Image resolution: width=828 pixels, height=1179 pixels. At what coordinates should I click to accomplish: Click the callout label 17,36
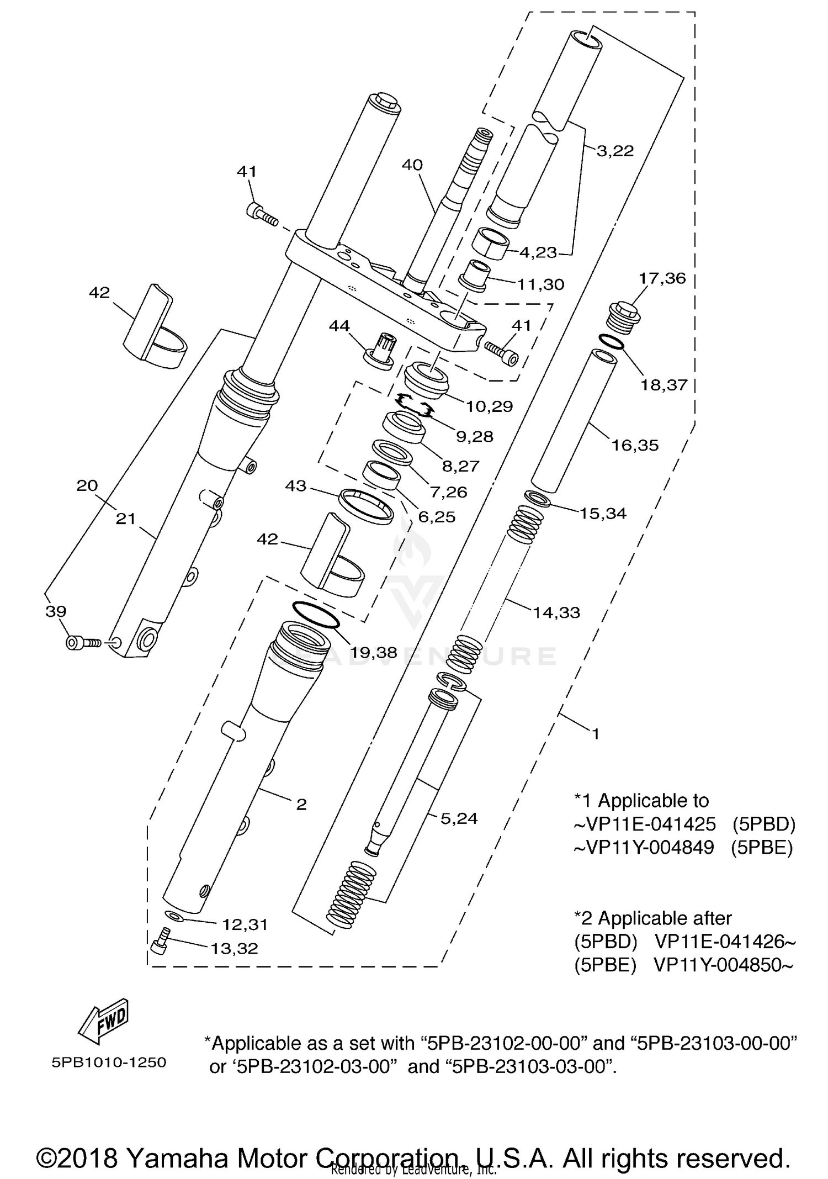[662, 278]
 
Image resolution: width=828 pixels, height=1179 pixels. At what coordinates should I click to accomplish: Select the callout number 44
[339, 326]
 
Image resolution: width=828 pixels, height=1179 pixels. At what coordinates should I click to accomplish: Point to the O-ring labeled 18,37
[611, 342]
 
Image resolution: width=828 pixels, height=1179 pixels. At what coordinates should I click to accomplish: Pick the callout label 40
[412, 165]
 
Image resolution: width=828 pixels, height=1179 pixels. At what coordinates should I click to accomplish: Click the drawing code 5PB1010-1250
[109, 1062]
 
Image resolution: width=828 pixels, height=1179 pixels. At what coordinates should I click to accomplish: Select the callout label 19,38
[374, 653]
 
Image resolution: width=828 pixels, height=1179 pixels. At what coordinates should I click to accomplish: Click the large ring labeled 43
[367, 506]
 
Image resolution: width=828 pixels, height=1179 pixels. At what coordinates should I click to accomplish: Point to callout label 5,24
[459, 818]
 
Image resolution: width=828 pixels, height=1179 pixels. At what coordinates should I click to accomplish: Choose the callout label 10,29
[489, 406]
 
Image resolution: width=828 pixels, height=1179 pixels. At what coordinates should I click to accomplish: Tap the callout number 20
[87, 485]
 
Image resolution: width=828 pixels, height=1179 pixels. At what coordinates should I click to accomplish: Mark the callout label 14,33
[556, 612]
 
